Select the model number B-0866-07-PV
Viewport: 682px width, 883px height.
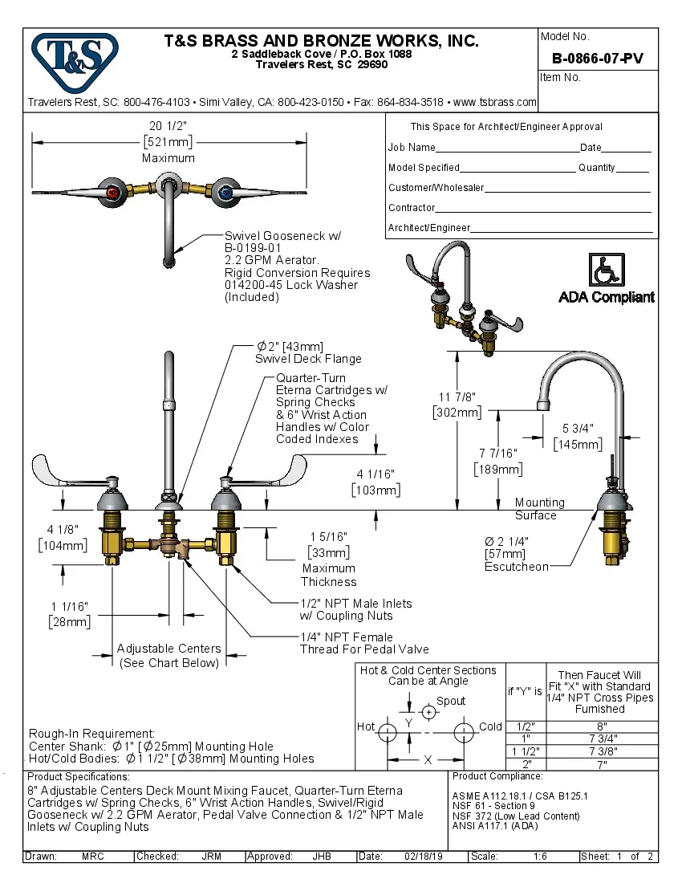(x=597, y=59)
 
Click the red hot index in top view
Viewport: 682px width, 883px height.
(x=114, y=193)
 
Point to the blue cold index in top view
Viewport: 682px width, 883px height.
(x=225, y=193)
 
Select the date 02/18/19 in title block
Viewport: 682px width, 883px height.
(x=420, y=857)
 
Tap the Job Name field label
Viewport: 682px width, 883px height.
(x=412, y=148)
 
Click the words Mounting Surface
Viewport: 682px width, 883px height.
(x=539, y=509)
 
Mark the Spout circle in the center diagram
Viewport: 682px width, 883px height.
(x=429, y=712)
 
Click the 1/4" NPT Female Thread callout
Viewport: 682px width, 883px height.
(x=364, y=643)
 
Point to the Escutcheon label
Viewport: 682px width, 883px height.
(x=517, y=567)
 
